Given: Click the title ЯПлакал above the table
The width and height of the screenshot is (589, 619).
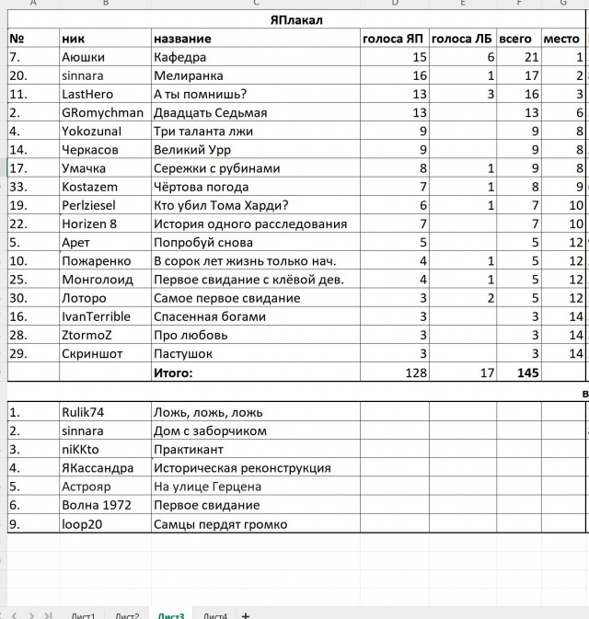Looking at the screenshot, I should pyautogui.click(x=296, y=19).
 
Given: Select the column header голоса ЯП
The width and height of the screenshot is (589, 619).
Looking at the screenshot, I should pyautogui.click(x=394, y=39).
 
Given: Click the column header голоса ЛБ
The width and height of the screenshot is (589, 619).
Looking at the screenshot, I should pyautogui.click(x=462, y=39).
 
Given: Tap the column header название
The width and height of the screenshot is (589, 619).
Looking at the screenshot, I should pyautogui.click(x=182, y=39).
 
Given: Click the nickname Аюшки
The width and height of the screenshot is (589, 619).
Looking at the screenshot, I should pyautogui.click(x=83, y=57).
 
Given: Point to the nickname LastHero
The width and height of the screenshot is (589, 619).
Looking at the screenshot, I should pyautogui.click(x=87, y=94).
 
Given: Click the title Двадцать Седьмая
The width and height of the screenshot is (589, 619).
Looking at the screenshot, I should pyautogui.click(x=210, y=112).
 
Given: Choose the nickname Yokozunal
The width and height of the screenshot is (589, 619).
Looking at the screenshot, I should pyautogui.click(x=91, y=131).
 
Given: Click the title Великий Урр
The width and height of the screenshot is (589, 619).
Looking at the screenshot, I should pyautogui.click(x=192, y=149).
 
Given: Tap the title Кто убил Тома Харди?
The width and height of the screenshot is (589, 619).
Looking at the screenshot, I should pyautogui.click(x=221, y=205).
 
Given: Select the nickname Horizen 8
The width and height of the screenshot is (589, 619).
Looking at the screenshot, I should pyautogui.click(x=89, y=224).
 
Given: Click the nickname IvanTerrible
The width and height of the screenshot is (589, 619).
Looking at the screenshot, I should pyautogui.click(x=98, y=316).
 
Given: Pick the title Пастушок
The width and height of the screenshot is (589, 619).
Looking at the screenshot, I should pyautogui.click(x=183, y=353).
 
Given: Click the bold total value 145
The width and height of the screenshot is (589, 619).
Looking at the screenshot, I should pyautogui.click(x=527, y=373).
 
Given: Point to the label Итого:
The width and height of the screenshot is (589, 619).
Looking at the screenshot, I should pyautogui.click(x=173, y=373).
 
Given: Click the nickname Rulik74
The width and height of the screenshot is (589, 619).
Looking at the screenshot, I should pyautogui.click(x=84, y=412).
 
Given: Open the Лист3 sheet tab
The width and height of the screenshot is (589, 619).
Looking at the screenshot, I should pyautogui.click(x=170, y=614).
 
